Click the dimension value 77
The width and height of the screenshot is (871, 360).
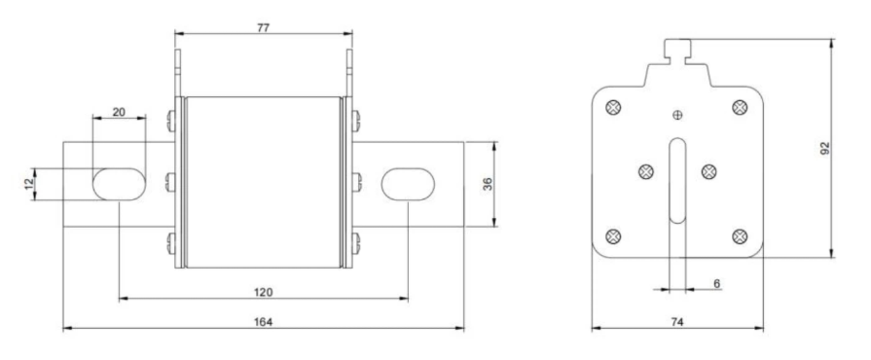[x=264, y=28]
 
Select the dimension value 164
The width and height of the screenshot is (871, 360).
[x=264, y=322]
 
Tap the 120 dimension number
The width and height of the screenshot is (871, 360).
[x=264, y=292]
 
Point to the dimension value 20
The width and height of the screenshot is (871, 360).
[x=119, y=112]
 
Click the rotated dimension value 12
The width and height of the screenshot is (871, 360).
[x=29, y=184]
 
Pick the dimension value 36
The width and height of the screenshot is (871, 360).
[x=488, y=184]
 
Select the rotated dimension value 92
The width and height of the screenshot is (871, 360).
[x=825, y=148]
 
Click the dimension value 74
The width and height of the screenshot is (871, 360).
[x=677, y=322]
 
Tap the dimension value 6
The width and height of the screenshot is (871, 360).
[x=716, y=284]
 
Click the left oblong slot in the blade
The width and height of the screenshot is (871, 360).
[x=119, y=184]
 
